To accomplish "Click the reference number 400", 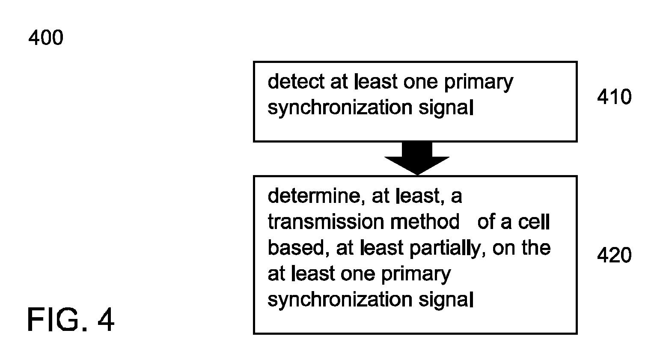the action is (46, 38).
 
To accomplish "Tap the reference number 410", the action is (614, 97).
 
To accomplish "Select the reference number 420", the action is (614, 255).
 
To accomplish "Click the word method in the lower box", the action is (425, 222).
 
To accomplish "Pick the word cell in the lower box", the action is (534, 222).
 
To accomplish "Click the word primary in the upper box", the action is (479, 83).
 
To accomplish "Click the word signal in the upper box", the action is (446, 108).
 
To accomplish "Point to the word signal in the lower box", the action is (446, 300).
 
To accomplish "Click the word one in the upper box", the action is (420, 83).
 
